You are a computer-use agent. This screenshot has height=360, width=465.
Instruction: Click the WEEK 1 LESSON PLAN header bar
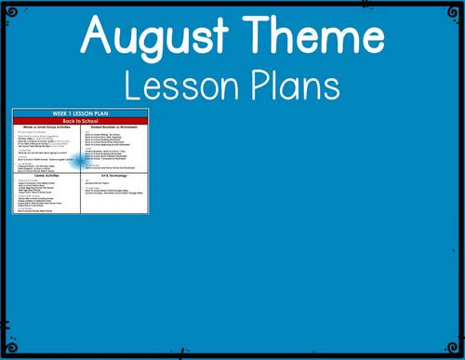click(x=80, y=113)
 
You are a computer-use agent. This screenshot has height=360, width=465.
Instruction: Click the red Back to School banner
click(x=80, y=120)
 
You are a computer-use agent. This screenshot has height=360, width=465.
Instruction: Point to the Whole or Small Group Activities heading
click(x=46, y=127)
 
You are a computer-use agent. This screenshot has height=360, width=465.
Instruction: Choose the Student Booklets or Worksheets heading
click(x=114, y=127)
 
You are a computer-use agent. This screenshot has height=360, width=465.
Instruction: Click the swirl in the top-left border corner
click(x=10, y=9)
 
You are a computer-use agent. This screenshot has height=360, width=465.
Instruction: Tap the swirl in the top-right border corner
click(x=455, y=9)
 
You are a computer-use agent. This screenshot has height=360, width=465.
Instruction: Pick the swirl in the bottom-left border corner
click(x=10, y=350)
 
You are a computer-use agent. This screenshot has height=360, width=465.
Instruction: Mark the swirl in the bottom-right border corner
click(x=455, y=350)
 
